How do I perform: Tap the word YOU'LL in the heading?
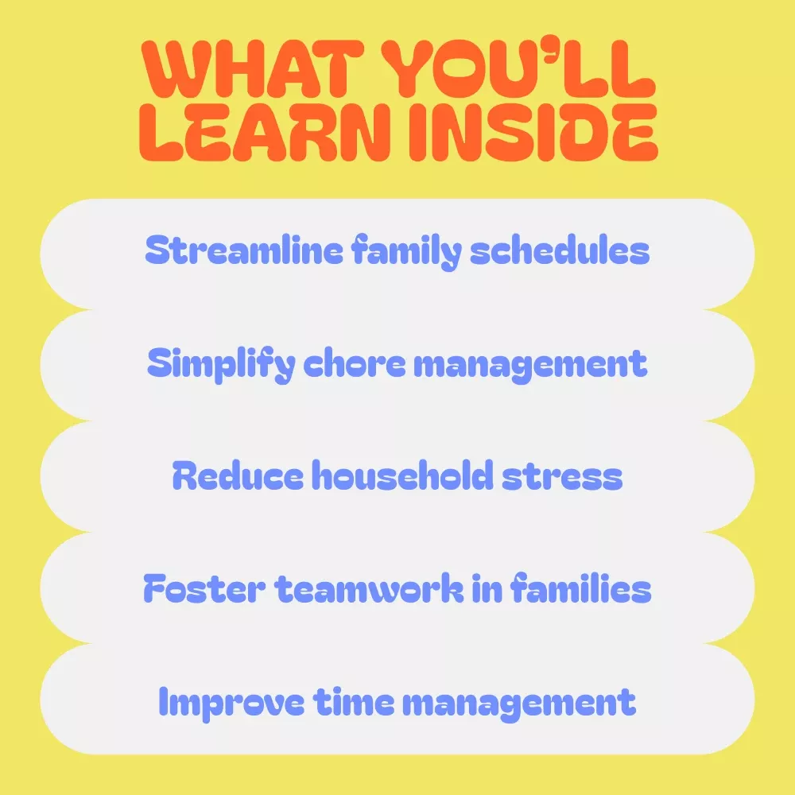coord(518,69)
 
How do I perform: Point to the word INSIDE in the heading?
coord(533,132)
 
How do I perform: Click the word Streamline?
coord(244,250)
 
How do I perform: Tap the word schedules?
coord(560,250)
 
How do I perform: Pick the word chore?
coord(355,363)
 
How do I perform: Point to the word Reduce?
coord(238,475)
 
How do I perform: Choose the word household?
coord(402,475)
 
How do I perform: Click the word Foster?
coord(204,588)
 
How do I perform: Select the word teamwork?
coord(369,588)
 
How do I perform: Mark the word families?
coord(580,588)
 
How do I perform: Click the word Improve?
coord(231,703)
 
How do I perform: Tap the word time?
coord(354,701)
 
